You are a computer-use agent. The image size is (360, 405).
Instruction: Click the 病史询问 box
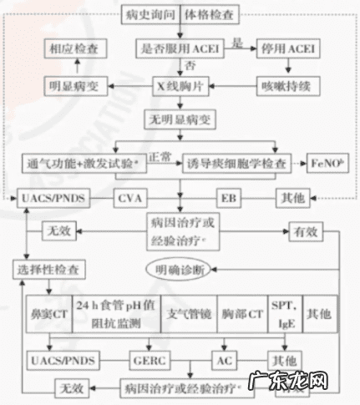click(149, 15)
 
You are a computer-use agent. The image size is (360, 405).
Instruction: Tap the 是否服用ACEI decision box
click(175, 49)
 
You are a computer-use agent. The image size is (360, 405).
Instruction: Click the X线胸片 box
click(176, 85)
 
